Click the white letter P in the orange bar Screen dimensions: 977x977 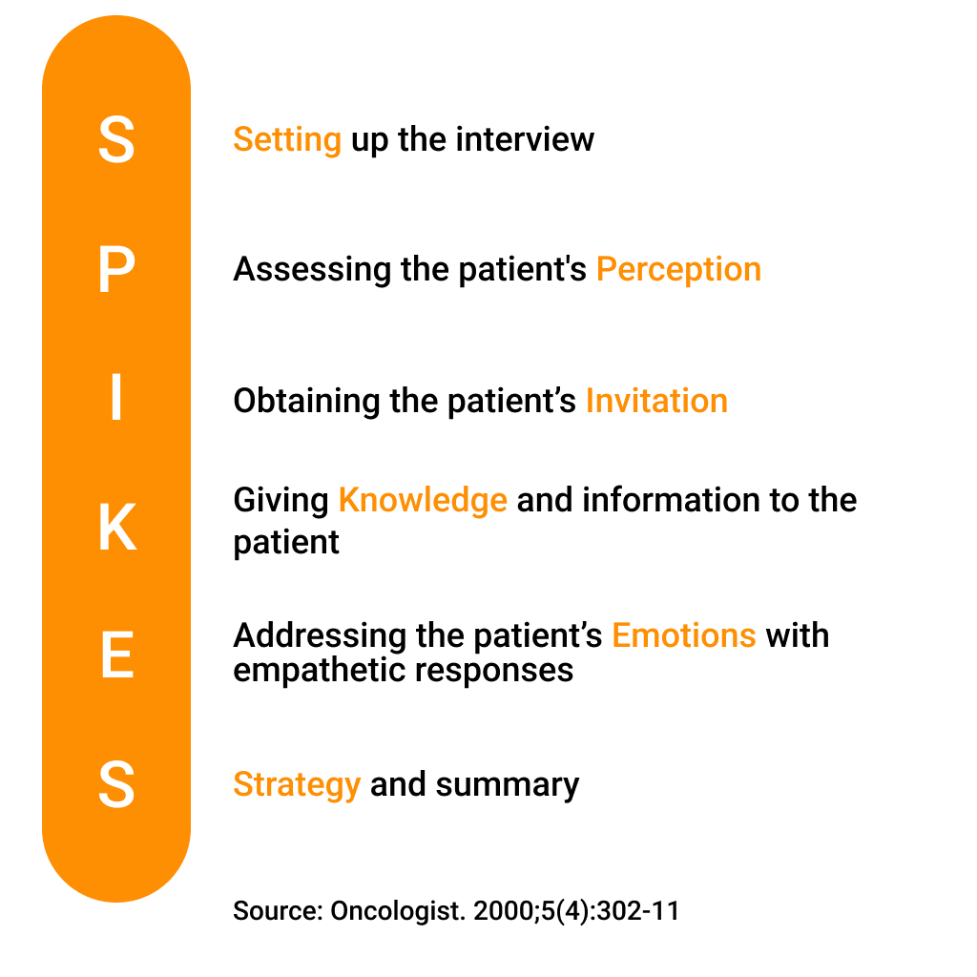pyautogui.click(x=117, y=268)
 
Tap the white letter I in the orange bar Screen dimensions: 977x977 pyautogui.click(x=116, y=397)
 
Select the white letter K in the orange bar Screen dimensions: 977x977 pyautogui.click(x=117, y=527)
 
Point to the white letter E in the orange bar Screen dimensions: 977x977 pyautogui.click(x=117, y=655)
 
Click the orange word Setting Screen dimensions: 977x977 pyautogui.click(x=287, y=139)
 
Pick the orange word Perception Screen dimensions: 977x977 pyautogui.click(x=678, y=270)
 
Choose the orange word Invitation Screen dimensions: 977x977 pyautogui.click(x=656, y=400)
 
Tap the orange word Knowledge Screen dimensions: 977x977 pyautogui.click(x=423, y=501)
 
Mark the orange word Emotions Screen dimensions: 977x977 pyautogui.click(x=683, y=635)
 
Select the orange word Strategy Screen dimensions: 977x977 pyautogui.click(x=297, y=785)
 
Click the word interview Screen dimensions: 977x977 pyautogui.click(x=525, y=138)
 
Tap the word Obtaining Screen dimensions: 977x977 pyautogui.click(x=306, y=402)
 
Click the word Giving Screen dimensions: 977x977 pyautogui.click(x=281, y=501)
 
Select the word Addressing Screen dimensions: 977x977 pyautogui.click(x=320, y=636)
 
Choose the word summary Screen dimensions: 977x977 pyautogui.click(x=508, y=785)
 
